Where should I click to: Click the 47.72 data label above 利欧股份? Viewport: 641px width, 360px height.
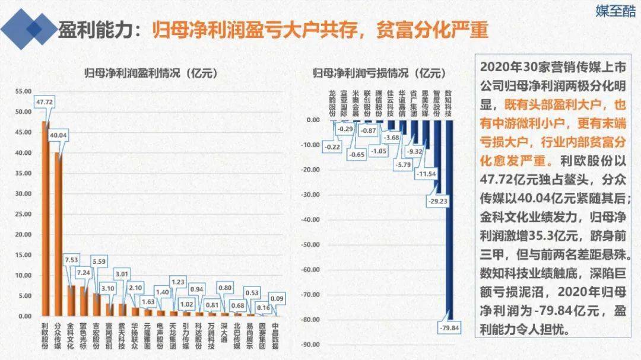click(45, 102)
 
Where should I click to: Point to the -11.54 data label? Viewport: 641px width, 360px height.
click(426, 174)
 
